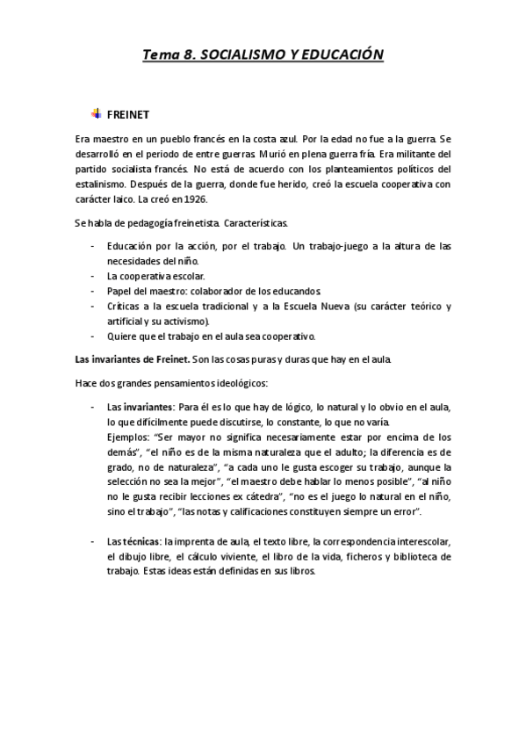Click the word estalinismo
click(99, 184)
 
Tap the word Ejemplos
click(127, 436)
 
